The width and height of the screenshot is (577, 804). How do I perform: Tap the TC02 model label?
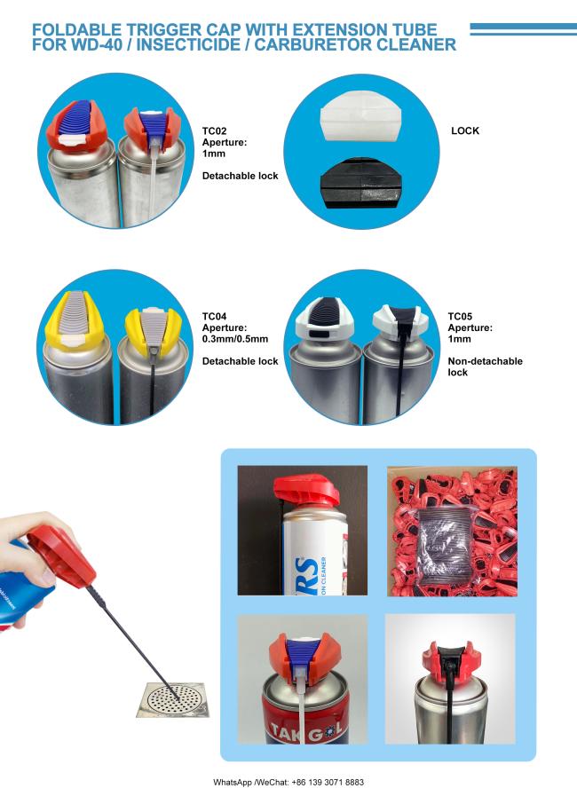click(x=214, y=130)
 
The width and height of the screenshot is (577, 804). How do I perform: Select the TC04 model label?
click(x=214, y=317)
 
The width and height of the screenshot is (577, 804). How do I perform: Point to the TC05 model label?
click(x=460, y=317)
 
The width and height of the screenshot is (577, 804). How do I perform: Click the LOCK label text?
click(x=465, y=130)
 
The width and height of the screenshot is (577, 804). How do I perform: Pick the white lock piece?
click(x=360, y=117)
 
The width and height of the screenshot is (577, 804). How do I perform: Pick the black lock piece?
click(x=360, y=184)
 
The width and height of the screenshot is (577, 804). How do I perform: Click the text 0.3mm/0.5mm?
click(x=235, y=339)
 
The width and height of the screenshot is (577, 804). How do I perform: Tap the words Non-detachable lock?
click(x=485, y=367)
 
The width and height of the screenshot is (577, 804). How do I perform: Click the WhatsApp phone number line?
click(x=288, y=782)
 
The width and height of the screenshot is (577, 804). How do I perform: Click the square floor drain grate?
click(x=173, y=699)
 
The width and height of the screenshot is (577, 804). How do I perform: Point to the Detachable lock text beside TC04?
click(x=240, y=361)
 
